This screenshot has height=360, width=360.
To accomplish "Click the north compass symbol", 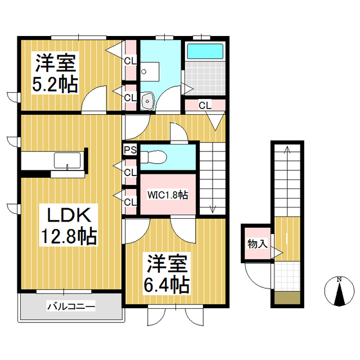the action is pyautogui.click(x=339, y=291).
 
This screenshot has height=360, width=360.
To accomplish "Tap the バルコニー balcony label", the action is pyautogui.click(x=71, y=307).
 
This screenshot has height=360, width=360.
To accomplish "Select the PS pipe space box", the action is pyautogui.click(x=130, y=150).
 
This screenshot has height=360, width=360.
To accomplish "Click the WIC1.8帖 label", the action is pyautogui.click(x=168, y=195).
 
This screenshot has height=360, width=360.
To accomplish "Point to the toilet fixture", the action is pyautogui.click(x=153, y=157).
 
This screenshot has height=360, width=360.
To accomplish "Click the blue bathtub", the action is pyautogui.click(x=205, y=51).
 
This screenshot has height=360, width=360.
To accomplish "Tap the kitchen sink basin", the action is pyautogui.click(x=67, y=160).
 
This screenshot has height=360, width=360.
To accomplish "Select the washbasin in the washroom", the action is pyautogui.click(x=147, y=101).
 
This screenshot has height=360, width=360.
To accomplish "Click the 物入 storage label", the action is pyautogui.click(x=258, y=244).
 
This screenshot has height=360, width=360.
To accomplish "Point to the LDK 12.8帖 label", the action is pyautogui.click(x=69, y=226).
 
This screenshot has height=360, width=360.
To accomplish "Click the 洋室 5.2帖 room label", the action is pyautogui.click(x=55, y=73).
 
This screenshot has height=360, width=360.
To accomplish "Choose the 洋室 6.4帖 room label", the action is pyautogui.click(x=166, y=274).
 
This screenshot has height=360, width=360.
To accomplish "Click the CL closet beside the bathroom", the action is pyautogui.click(x=205, y=105).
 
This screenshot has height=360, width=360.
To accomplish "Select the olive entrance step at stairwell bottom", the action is pyautogui.click(x=287, y=298).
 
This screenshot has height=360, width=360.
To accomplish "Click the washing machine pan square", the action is pyautogui.click(x=150, y=71).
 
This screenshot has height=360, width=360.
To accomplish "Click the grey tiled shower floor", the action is pyautogui.click(x=205, y=78).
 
